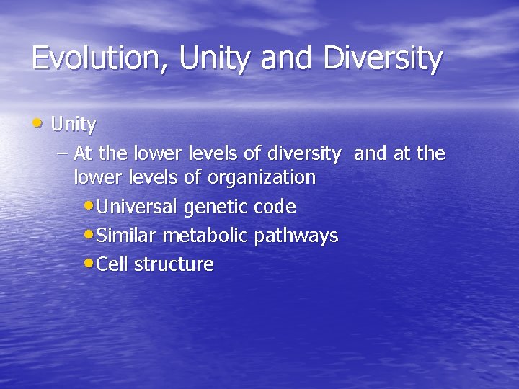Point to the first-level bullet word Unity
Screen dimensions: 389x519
(x=74, y=125)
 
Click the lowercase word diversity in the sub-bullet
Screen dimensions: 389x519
(x=303, y=153)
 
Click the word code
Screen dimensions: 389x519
(x=275, y=207)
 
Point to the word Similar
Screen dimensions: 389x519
(x=127, y=236)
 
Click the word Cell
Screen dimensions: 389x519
(x=112, y=264)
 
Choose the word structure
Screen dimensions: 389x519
(x=174, y=264)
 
